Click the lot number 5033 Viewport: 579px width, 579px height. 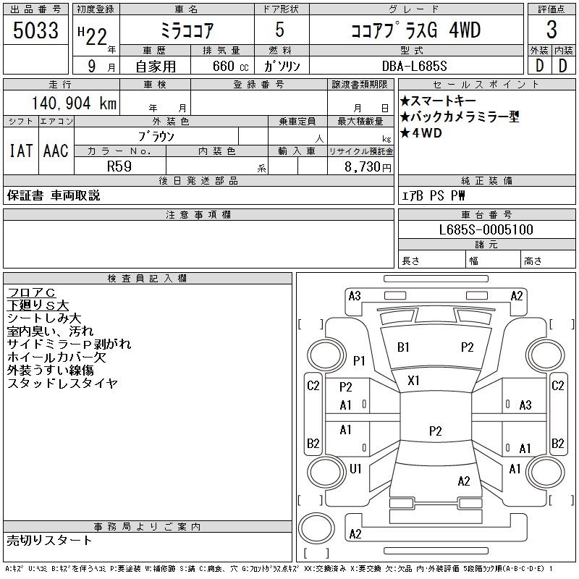point(35,30)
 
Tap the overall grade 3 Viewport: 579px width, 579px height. point(551,30)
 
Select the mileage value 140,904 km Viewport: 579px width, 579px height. point(74,103)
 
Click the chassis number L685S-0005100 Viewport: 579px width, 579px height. point(486,229)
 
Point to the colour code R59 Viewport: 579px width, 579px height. point(119,166)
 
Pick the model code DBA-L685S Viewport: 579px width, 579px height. point(414,66)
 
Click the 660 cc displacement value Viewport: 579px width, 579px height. point(230,66)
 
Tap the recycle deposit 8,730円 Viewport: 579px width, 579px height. point(368,167)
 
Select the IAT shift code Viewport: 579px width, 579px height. point(21,151)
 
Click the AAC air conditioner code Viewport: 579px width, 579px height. point(56,151)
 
